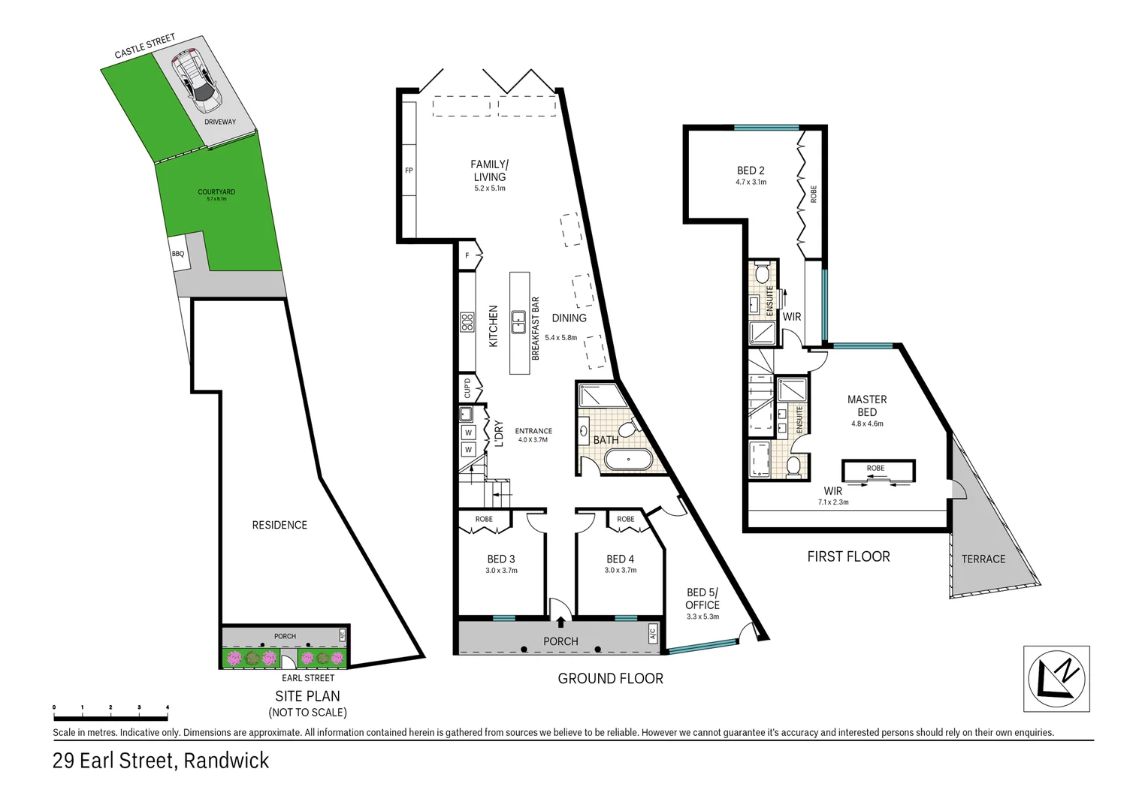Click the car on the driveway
pyautogui.click(x=195, y=76)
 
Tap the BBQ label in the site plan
pyautogui.click(x=178, y=254)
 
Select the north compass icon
pyautogui.click(x=1056, y=677)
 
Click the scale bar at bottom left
pyautogui.click(x=110, y=707)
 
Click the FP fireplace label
pyautogui.click(x=409, y=170)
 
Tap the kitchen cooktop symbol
pyautogui.click(x=467, y=322)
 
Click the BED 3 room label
pyautogui.click(x=501, y=559)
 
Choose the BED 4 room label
pyautogui.click(x=620, y=559)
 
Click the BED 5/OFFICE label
pyautogui.click(x=702, y=598)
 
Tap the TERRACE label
pyautogui.click(x=983, y=559)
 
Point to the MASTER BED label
pyautogui.click(x=866, y=405)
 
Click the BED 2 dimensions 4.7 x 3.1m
pyautogui.click(x=751, y=182)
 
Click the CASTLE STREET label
pyautogui.click(x=144, y=47)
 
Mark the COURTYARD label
pyautogui.click(x=216, y=192)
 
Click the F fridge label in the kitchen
pyautogui.click(x=467, y=255)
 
